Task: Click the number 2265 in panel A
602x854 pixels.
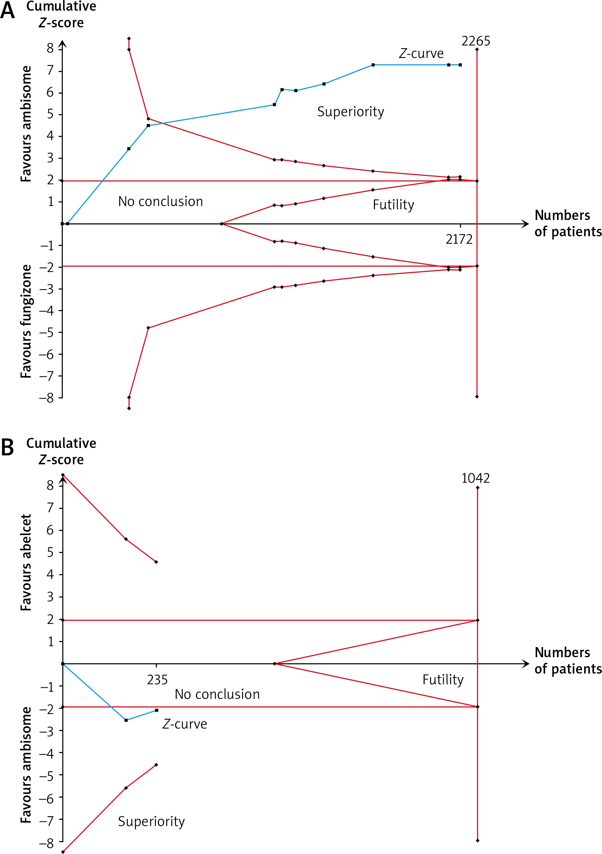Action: tap(476, 41)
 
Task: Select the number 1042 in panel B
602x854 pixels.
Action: tap(476, 478)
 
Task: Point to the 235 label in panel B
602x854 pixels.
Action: tap(157, 680)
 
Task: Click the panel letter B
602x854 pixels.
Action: tap(7, 447)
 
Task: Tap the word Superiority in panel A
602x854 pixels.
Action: tap(350, 111)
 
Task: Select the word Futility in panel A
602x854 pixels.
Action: tap(393, 205)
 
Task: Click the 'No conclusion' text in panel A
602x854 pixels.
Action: tap(160, 202)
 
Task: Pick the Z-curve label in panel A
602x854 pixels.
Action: tap(421, 54)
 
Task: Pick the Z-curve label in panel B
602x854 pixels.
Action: tap(185, 724)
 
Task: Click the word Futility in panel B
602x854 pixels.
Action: tap(443, 680)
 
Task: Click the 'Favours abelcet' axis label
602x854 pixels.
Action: tap(26, 562)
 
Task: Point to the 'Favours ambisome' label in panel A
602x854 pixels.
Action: tap(26, 124)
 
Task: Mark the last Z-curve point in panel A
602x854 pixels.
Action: tap(460, 65)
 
